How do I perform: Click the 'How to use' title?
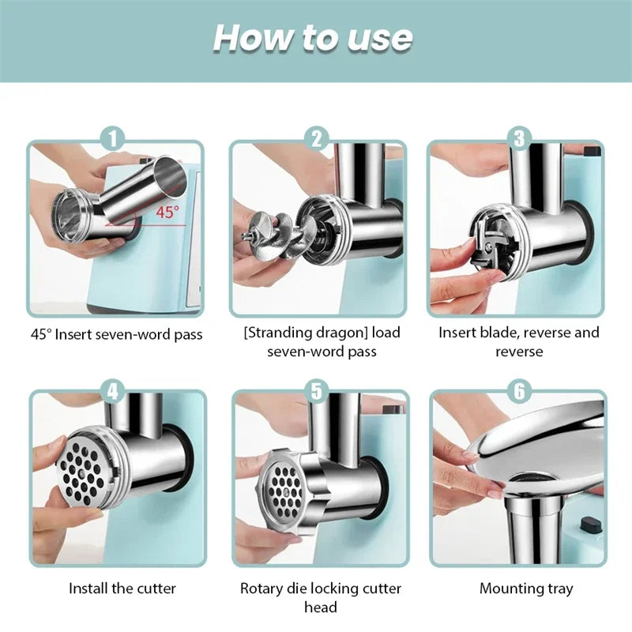(312, 38)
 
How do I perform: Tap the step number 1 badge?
(114, 139)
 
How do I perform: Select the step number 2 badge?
(317, 139)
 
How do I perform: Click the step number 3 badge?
(519, 139)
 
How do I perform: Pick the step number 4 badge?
(114, 389)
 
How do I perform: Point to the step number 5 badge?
(317, 389)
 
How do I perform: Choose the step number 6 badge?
(519, 389)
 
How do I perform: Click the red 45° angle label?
(167, 212)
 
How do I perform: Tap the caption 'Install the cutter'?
(122, 589)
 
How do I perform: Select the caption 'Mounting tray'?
(526, 589)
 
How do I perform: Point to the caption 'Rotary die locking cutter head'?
(321, 597)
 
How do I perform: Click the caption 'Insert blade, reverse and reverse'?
(519, 341)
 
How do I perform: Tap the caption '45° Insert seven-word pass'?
(117, 334)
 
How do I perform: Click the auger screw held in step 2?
(273, 232)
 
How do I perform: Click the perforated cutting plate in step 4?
(82, 471)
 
